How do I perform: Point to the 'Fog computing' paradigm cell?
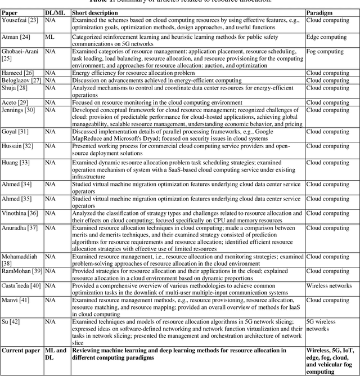click(325, 51)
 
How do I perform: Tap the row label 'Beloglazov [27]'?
click(21, 80)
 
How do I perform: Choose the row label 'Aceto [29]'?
click(16, 103)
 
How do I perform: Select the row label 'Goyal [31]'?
click(16, 132)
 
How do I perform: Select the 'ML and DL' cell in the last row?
click(55, 354)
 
